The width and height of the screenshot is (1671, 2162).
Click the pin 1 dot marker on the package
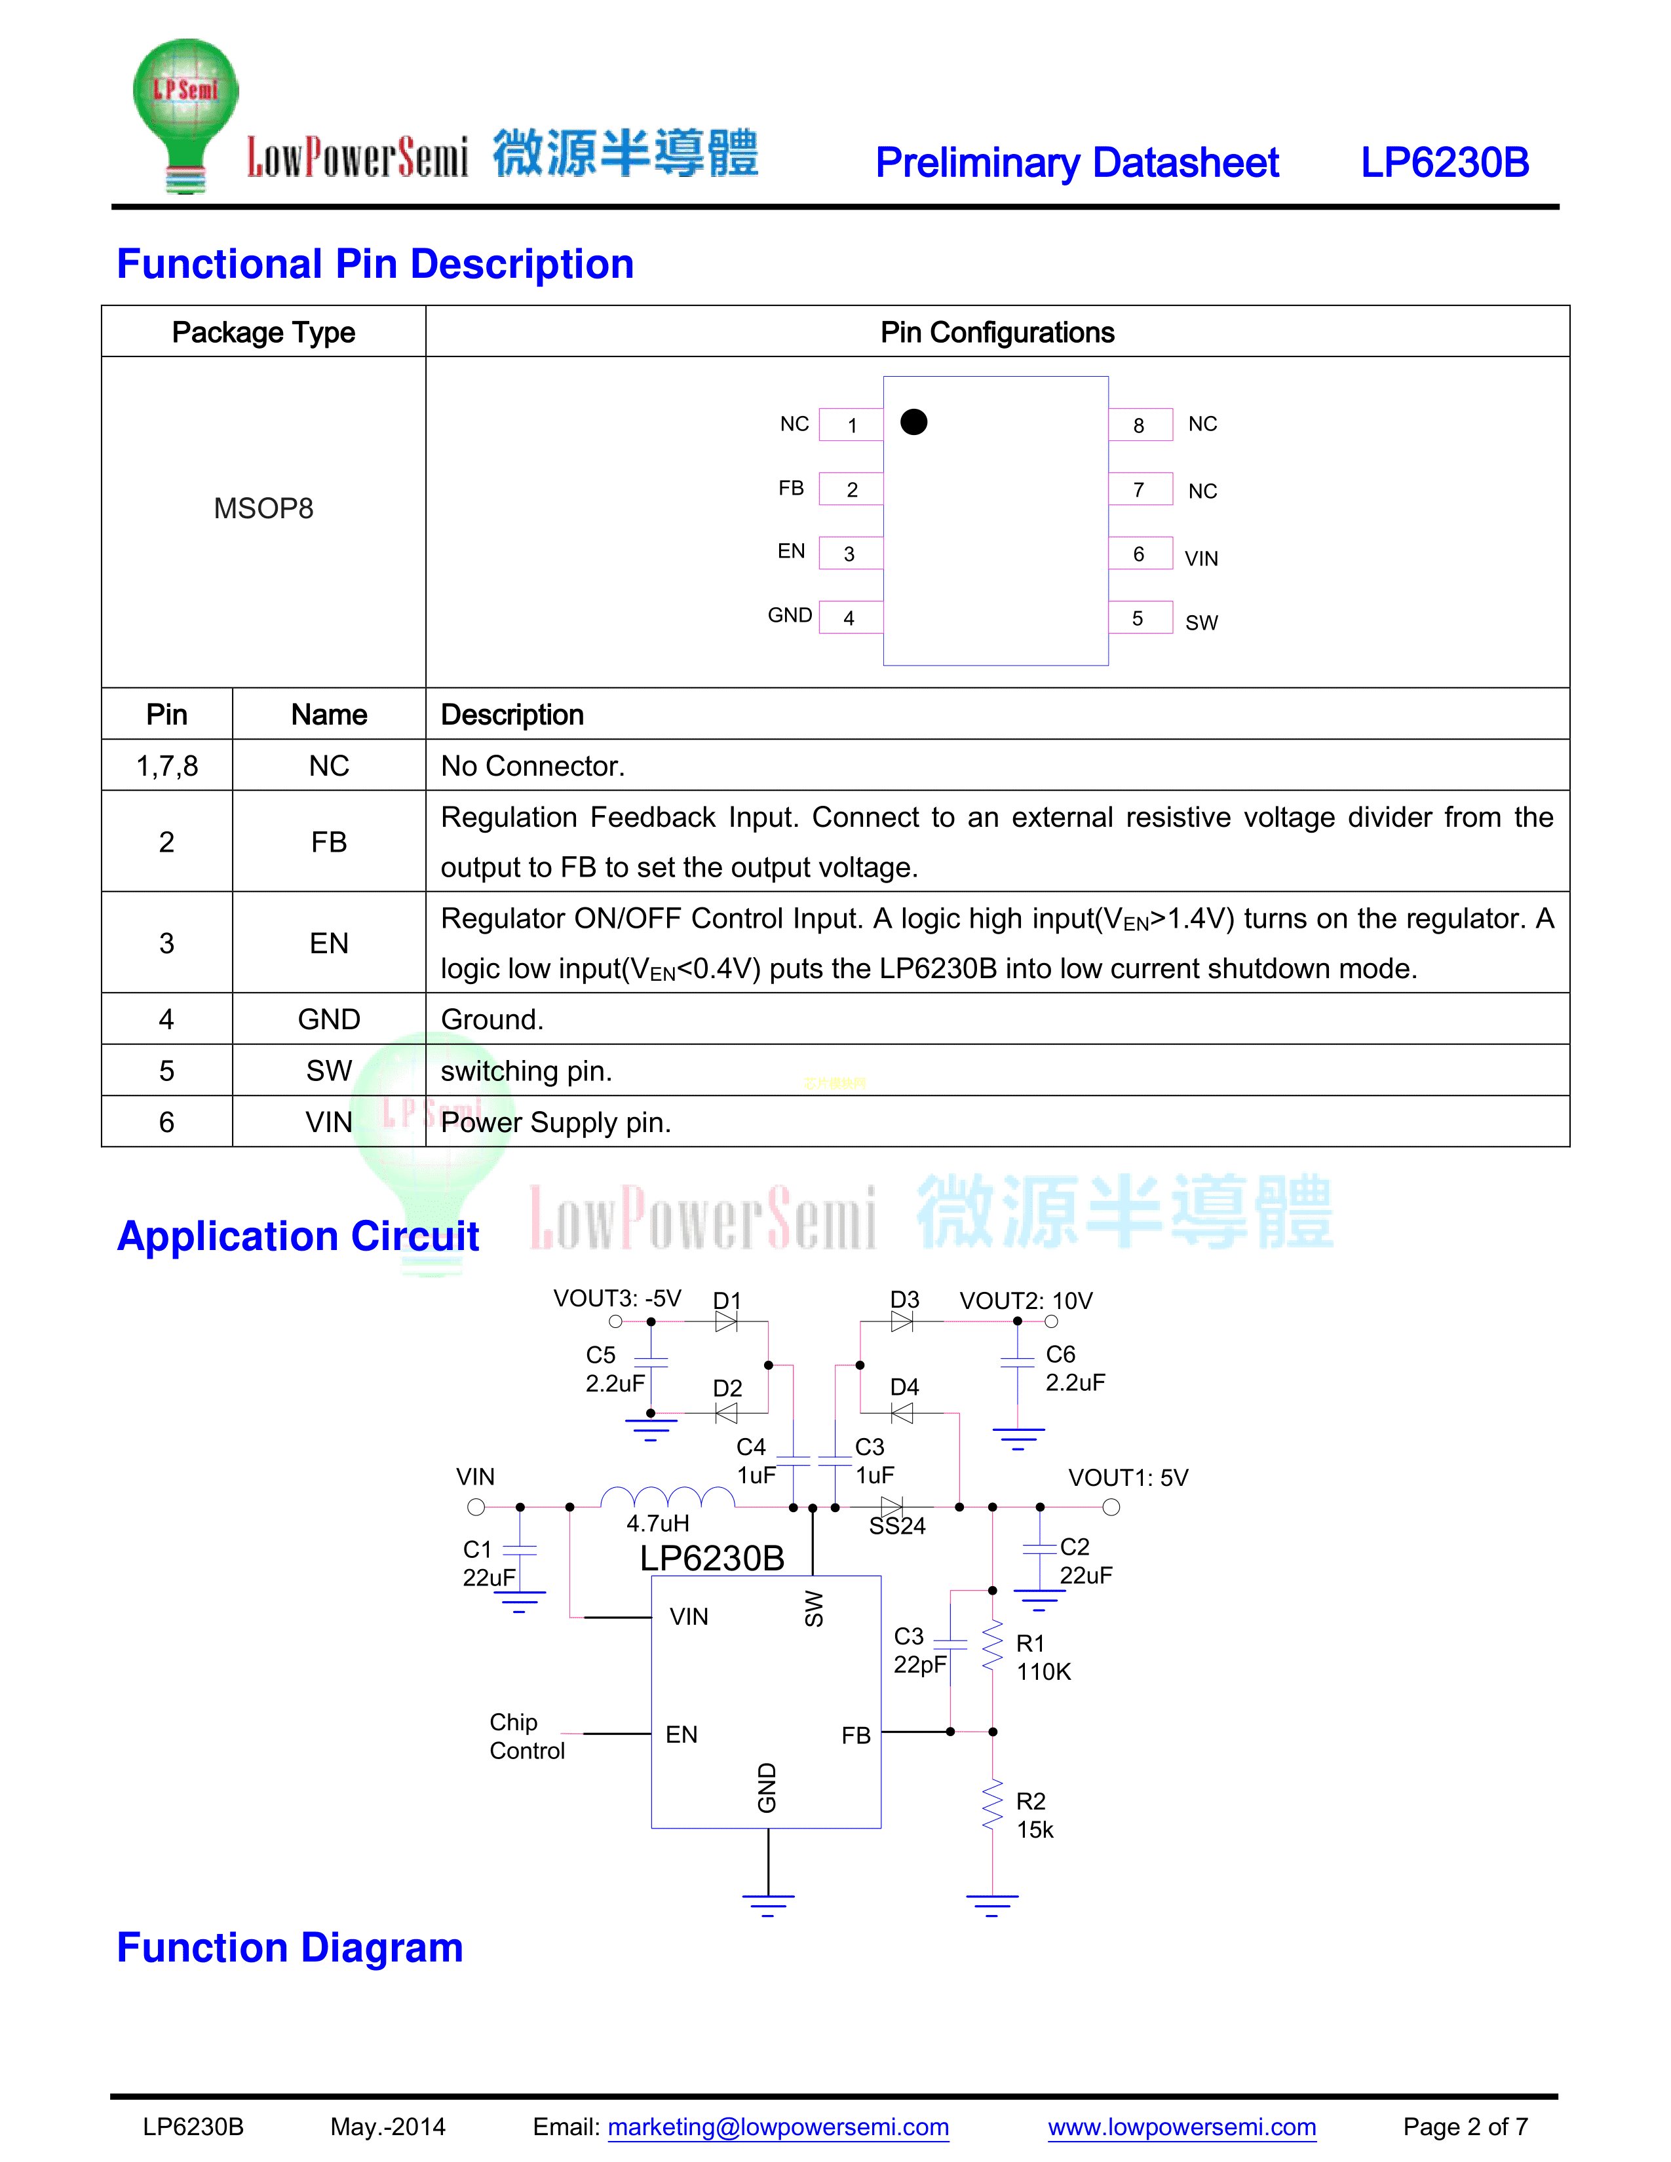[x=913, y=423]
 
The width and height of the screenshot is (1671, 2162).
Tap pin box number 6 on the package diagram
[x=1140, y=554]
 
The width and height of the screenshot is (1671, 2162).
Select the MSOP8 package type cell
[x=263, y=509]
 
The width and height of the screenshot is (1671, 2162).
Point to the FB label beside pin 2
[x=791, y=488]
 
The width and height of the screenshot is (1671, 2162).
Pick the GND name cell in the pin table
[x=329, y=1019]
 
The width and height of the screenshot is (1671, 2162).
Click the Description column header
[x=512, y=715]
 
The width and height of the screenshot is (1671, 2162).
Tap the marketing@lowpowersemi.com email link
[x=778, y=2127]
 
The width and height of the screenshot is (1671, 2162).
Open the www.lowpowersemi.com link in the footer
[x=1182, y=2127]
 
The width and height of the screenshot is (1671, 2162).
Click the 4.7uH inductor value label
[x=657, y=1523]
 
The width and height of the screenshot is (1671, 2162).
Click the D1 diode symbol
[x=727, y=1321]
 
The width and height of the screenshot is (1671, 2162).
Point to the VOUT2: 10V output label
[x=1026, y=1300]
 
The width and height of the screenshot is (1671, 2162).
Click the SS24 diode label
[x=897, y=1527]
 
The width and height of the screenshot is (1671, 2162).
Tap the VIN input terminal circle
[x=476, y=1508]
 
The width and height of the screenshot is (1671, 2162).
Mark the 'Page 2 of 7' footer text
[x=1465, y=2127]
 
